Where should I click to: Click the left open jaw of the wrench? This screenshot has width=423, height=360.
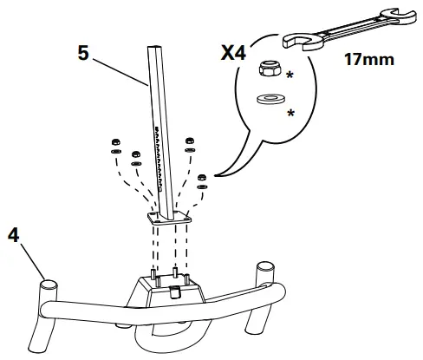[298, 40]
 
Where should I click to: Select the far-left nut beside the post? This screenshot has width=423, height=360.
[114, 140]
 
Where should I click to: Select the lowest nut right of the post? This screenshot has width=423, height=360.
[203, 179]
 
